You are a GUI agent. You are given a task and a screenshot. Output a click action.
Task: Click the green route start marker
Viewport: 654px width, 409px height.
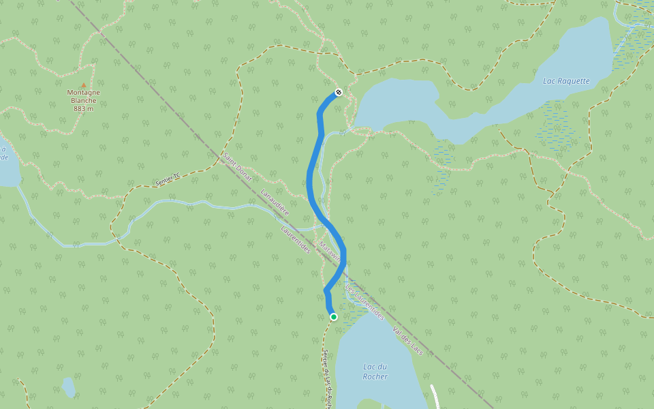pyautogui.click(x=333, y=316)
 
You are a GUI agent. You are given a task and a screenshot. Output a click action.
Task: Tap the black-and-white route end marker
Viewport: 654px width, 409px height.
pyautogui.click(x=338, y=92)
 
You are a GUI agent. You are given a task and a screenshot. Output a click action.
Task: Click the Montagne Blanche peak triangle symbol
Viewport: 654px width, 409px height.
pyautogui.click(x=84, y=85)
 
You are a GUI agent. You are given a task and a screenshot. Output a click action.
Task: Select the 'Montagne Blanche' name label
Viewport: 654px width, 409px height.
pyautogui.click(x=84, y=96)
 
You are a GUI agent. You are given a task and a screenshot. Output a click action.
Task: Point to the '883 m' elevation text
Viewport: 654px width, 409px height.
pyautogui.click(x=84, y=108)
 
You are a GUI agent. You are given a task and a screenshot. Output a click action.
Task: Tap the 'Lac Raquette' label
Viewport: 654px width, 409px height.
pyautogui.click(x=566, y=81)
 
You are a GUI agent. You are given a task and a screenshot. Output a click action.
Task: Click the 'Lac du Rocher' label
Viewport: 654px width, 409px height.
pyautogui.click(x=375, y=372)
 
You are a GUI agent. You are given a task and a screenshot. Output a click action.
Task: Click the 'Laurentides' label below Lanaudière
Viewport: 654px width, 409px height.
pyautogui.click(x=296, y=240)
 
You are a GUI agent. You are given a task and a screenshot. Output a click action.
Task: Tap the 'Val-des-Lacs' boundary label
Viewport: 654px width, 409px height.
pyautogui.click(x=407, y=341)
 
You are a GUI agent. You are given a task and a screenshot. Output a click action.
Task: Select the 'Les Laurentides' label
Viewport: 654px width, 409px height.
pyautogui.click(x=364, y=302)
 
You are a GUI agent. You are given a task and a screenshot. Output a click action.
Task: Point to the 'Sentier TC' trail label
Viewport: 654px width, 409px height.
pyautogui.click(x=168, y=179)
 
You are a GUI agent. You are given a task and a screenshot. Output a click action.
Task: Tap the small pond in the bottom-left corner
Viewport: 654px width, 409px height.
pyautogui.click(x=68, y=387)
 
